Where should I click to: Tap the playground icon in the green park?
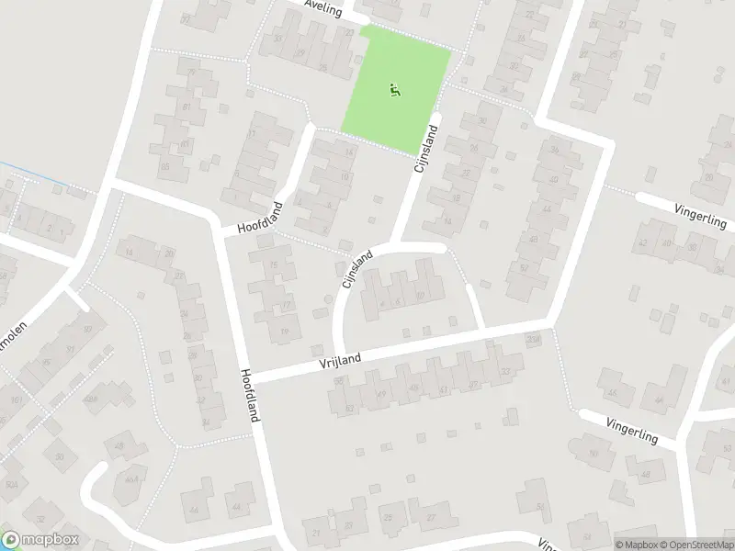[x=395, y=90]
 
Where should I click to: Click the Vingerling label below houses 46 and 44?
[x=632, y=427]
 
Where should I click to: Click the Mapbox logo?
[x=40, y=540]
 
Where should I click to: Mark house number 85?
[x=165, y=166]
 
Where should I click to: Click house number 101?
[x=17, y=400]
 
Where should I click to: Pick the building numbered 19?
[x=286, y=332]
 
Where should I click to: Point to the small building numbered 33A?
[x=533, y=340]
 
